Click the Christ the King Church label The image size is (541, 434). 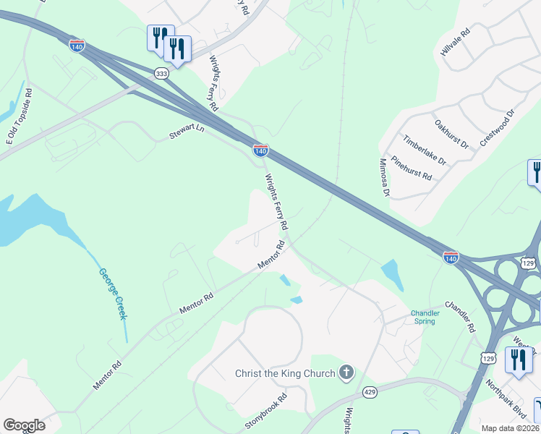point(285,373)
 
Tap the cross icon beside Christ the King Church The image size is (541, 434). point(346,373)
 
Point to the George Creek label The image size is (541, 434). point(113,294)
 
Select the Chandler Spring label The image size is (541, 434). point(425,317)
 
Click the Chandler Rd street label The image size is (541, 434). point(460,316)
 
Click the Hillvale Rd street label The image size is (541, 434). point(455,43)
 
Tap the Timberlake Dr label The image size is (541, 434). point(425,150)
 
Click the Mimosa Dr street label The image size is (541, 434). point(384,179)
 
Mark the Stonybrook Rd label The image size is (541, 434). point(267,410)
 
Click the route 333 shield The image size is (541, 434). point(161,73)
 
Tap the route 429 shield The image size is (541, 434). point(370,392)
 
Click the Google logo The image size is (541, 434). point(24,425)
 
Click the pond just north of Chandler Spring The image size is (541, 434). point(391,274)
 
